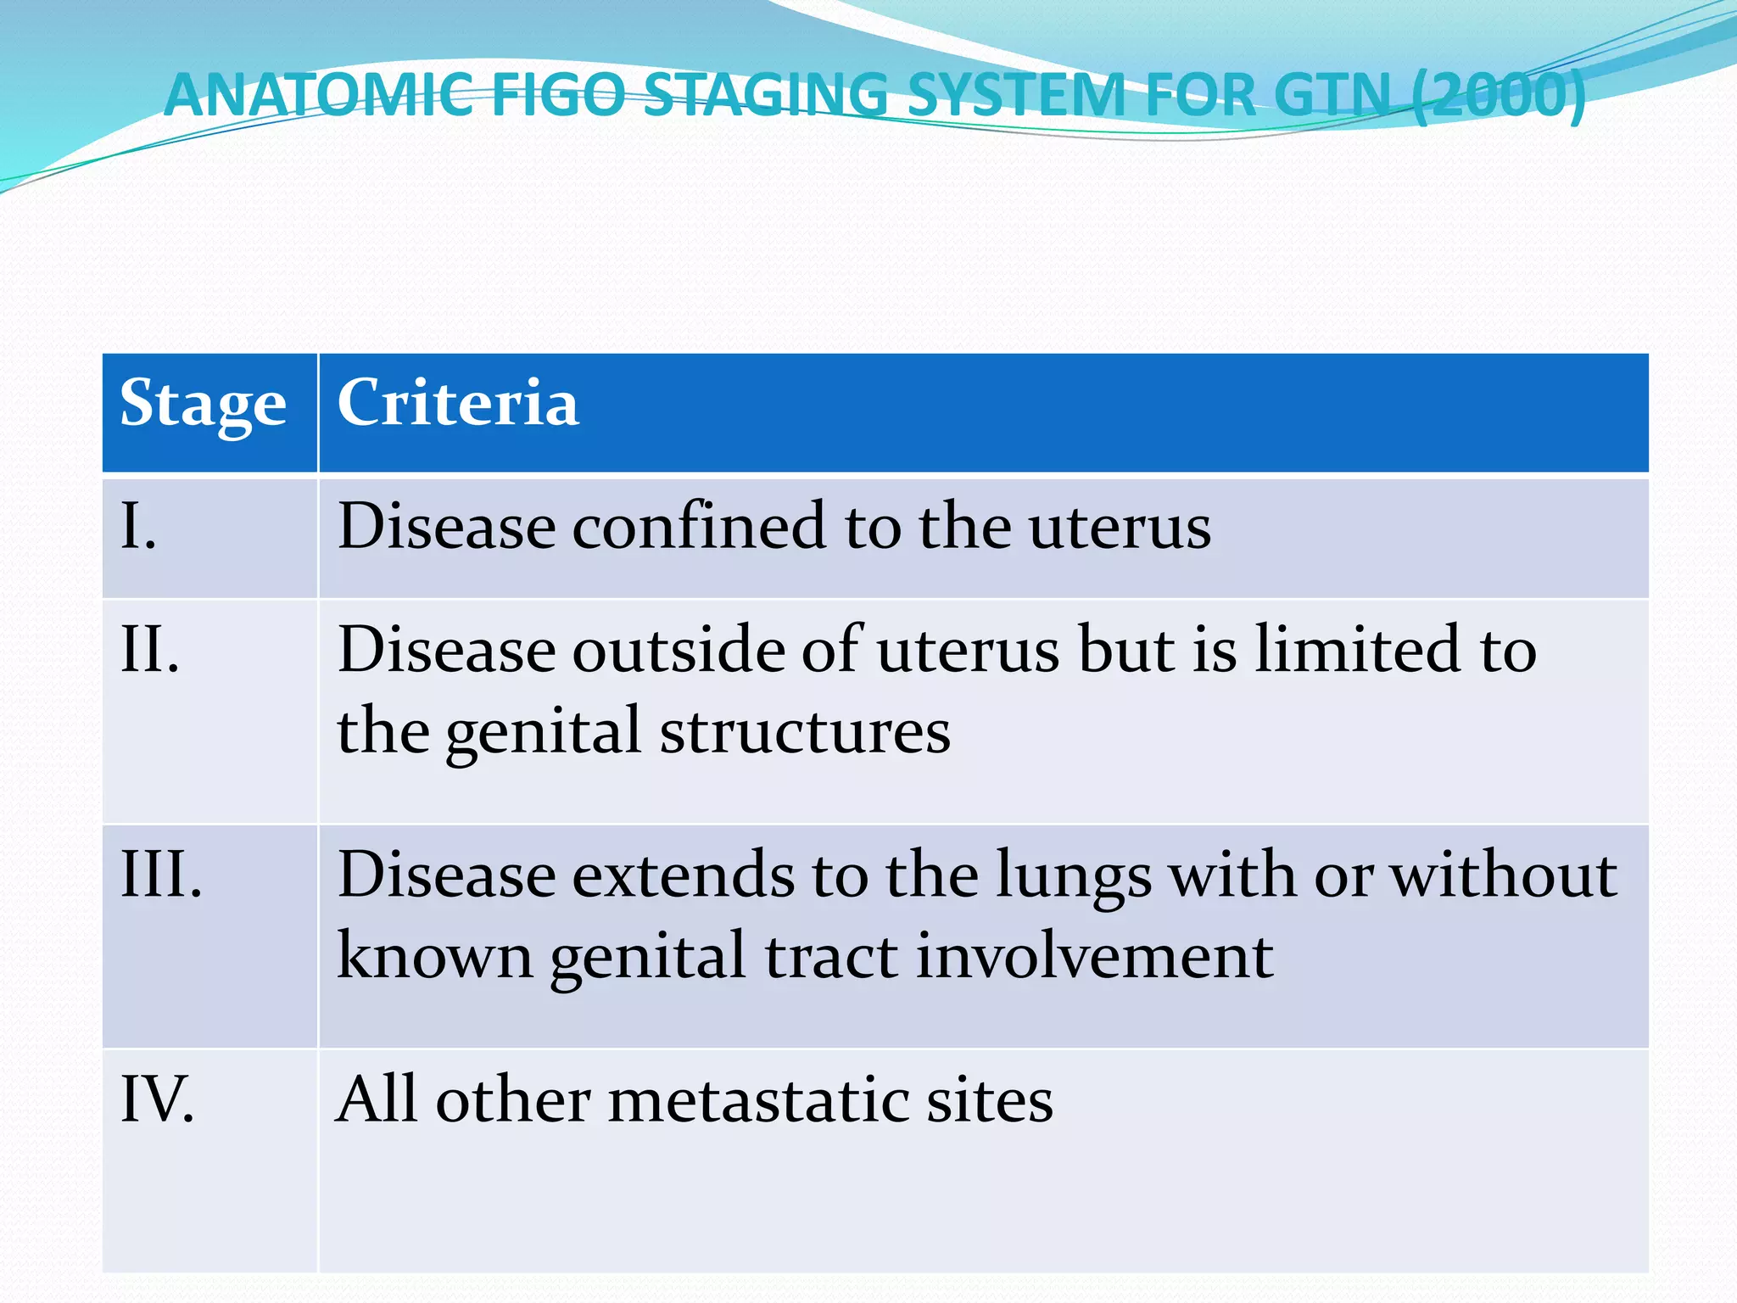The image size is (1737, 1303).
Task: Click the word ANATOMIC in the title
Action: [x=319, y=95]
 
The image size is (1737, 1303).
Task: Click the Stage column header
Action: [x=203, y=404]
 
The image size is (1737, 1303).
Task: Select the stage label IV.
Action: [x=158, y=1099]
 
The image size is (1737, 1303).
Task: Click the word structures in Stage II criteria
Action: [x=805, y=731]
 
